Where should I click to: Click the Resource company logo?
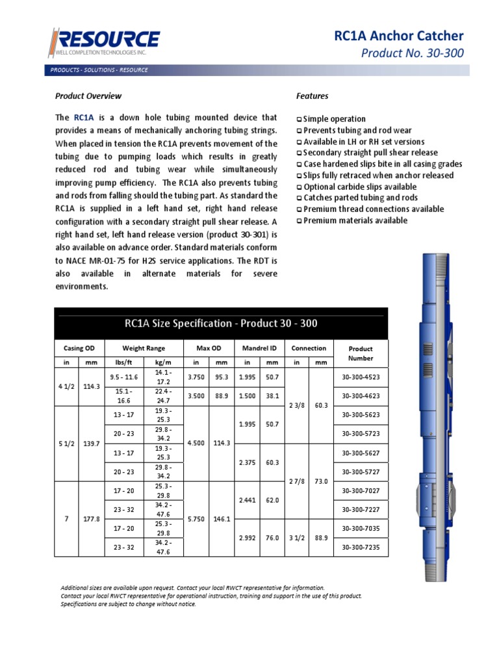103,42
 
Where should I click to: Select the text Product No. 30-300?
413,53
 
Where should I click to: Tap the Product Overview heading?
88,96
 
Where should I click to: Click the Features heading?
313,96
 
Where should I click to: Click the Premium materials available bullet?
355,220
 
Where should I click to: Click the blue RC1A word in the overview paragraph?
84,118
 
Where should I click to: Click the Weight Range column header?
144,348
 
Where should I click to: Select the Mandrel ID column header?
260,348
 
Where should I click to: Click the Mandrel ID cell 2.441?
247,500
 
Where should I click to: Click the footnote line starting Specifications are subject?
128,604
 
